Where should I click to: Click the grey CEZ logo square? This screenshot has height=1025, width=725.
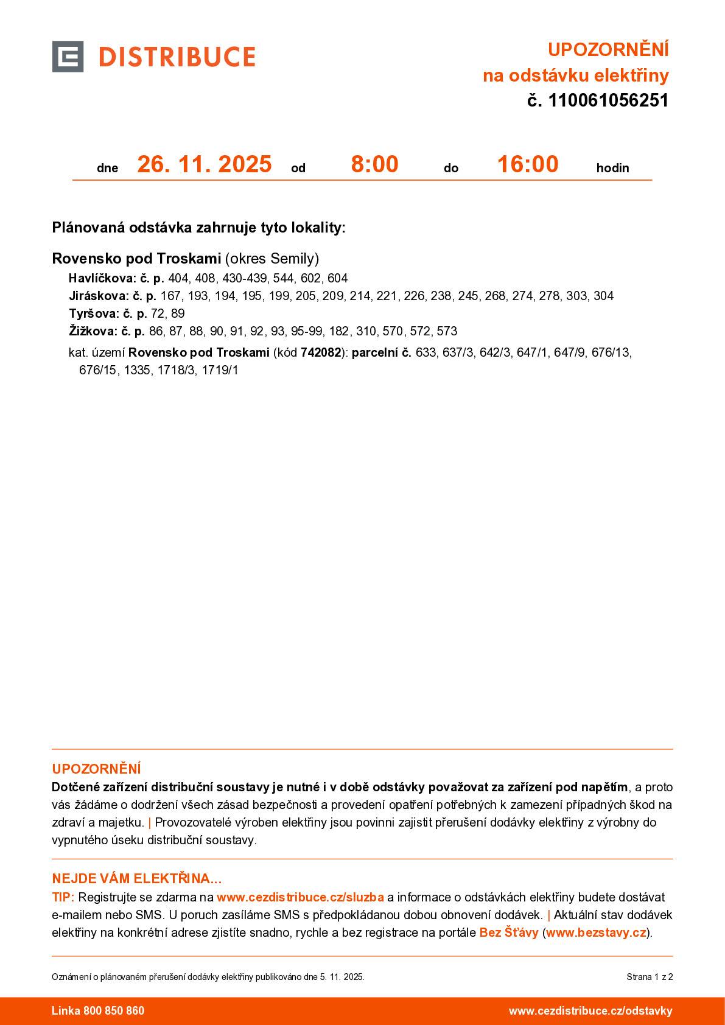pyautogui.click(x=68, y=57)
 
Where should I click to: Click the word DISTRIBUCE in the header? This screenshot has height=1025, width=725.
pyautogui.click(x=177, y=57)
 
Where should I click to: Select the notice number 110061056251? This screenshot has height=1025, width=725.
pyautogui.click(x=608, y=100)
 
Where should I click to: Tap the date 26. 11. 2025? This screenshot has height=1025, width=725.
pyautogui.click(x=204, y=164)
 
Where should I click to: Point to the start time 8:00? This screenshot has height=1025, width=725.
pyautogui.click(x=374, y=164)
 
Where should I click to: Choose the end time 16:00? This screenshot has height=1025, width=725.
pyautogui.click(x=527, y=164)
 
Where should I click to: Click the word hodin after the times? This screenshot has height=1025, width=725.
pyautogui.click(x=612, y=168)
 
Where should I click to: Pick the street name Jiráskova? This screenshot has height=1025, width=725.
pyautogui.click(x=99, y=296)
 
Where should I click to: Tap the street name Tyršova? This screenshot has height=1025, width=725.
pyautogui.click(x=94, y=313)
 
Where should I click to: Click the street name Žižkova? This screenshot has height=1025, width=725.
pyautogui.click(x=93, y=331)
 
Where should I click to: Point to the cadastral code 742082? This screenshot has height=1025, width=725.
pyautogui.click(x=321, y=352)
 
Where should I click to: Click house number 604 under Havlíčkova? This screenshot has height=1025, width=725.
pyautogui.click(x=337, y=278)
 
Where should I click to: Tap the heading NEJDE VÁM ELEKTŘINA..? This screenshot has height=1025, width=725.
pyautogui.click(x=136, y=878)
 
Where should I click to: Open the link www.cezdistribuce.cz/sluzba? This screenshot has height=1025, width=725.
pyautogui.click(x=300, y=897)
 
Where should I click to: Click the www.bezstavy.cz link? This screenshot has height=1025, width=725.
pyautogui.click(x=595, y=932)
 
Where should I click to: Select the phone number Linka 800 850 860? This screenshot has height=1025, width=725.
pyautogui.click(x=98, y=1010)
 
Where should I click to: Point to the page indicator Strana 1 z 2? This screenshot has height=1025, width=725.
pyautogui.click(x=650, y=977)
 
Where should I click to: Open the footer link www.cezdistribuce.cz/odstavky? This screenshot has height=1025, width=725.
pyautogui.click(x=590, y=1010)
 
